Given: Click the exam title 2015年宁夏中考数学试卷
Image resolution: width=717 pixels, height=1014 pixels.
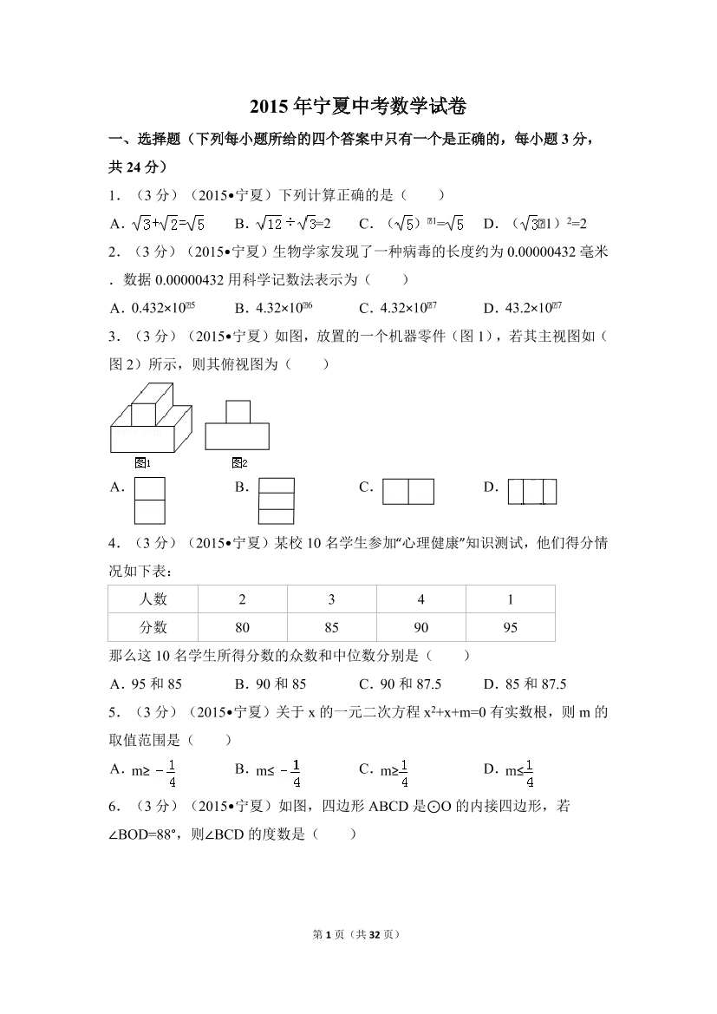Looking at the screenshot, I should click(358, 107).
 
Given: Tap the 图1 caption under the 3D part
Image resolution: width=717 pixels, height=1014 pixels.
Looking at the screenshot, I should click(143, 462).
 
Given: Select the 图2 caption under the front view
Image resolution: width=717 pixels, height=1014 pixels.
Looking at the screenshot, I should click(239, 462).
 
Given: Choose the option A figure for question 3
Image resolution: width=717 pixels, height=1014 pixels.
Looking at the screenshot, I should click(149, 501).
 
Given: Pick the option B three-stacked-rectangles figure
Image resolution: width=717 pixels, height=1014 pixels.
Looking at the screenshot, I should click(277, 501).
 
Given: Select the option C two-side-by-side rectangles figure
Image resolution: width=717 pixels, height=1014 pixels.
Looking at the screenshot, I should click(407, 492).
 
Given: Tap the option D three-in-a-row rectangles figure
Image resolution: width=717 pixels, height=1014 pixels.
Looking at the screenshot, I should click(531, 492).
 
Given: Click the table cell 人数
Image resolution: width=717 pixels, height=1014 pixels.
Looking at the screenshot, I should click(153, 599).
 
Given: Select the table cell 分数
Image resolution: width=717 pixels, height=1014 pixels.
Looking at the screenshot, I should click(153, 627).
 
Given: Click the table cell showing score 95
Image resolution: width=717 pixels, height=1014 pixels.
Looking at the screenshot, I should click(510, 627).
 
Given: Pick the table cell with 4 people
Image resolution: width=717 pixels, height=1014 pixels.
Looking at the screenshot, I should click(420, 599).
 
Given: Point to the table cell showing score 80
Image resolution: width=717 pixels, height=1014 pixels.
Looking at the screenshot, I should click(243, 627).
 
